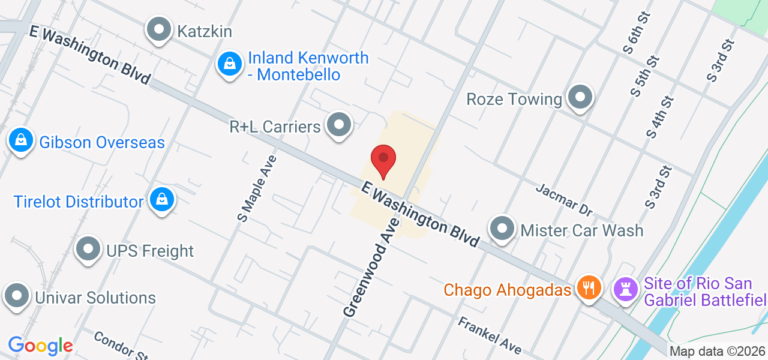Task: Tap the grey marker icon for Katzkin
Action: pos(160,30)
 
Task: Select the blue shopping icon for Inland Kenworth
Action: pos(229,64)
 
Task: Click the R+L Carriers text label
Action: pos(275,127)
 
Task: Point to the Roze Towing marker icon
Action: pos(580,97)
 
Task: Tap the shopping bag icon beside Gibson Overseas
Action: pos(21,141)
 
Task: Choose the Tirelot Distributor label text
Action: pos(79,202)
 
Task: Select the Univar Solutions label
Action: pos(95,298)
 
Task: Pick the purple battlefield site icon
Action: pos(626,290)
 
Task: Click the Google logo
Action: pos(40,346)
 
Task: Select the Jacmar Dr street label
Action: pos(564,199)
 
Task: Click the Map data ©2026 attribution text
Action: pos(717,352)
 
